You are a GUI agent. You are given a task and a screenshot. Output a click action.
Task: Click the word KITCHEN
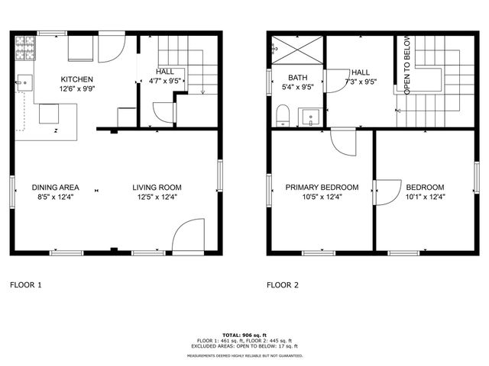[77, 79]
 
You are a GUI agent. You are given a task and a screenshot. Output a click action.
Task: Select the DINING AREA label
[55, 188]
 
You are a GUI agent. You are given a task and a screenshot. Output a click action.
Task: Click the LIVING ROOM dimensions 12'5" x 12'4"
[157, 197]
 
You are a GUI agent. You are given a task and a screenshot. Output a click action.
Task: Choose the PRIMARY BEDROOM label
[322, 188]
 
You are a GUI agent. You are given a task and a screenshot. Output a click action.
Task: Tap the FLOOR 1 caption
[25, 285]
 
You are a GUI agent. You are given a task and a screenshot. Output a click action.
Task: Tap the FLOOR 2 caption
[282, 285]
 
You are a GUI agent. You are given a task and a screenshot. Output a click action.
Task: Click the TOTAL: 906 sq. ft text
[244, 335]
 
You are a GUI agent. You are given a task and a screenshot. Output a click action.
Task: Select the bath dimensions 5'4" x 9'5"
[297, 87]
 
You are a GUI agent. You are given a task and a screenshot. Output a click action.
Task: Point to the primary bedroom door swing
[343, 142]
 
